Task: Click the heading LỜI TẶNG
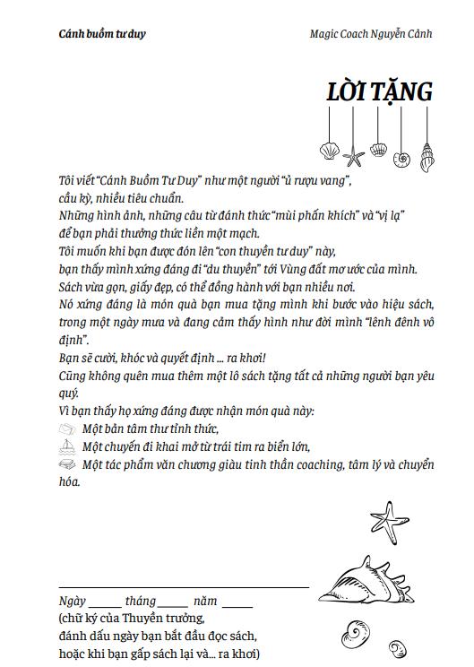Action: (380, 92)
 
